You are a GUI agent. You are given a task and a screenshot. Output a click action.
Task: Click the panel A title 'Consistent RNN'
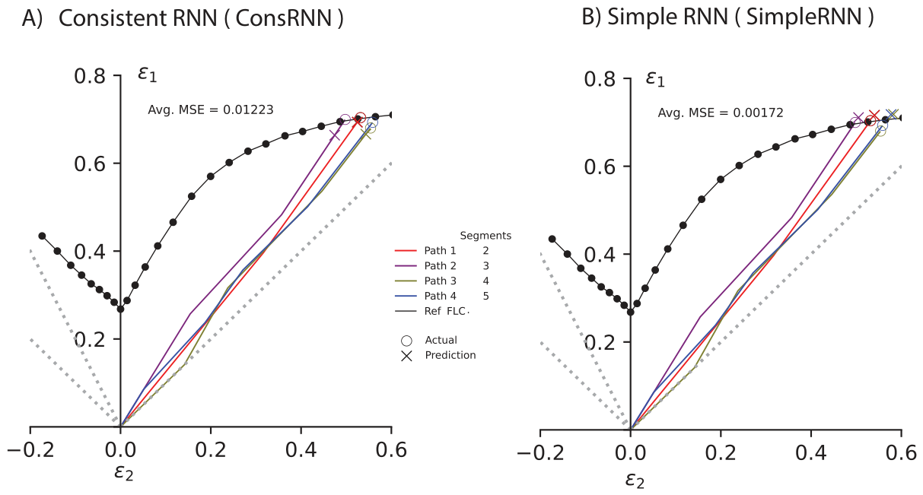click(x=138, y=18)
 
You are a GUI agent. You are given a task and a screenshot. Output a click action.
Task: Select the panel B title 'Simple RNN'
click(x=667, y=17)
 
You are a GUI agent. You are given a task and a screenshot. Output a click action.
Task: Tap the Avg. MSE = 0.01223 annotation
click(x=211, y=110)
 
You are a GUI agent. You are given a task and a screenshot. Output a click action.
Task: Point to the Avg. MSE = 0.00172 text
click(x=721, y=113)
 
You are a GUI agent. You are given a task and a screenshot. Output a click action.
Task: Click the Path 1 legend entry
click(x=440, y=251)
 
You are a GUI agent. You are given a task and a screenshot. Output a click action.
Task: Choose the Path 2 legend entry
click(x=440, y=266)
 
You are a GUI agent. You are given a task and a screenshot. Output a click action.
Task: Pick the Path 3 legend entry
click(x=440, y=281)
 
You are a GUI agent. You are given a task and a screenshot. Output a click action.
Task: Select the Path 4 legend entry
click(x=440, y=296)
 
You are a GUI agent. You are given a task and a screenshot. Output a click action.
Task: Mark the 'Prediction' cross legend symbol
click(x=406, y=356)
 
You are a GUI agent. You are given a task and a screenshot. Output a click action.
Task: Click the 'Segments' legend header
click(x=485, y=236)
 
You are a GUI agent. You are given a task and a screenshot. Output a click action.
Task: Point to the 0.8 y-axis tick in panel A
click(x=90, y=76)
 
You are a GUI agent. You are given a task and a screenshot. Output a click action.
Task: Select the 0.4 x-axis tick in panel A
click(x=301, y=450)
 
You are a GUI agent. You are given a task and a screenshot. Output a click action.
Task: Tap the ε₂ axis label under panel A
click(x=124, y=473)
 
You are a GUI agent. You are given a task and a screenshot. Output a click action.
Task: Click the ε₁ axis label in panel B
click(x=654, y=78)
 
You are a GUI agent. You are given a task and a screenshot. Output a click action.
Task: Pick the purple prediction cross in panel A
click(x=335, y=135)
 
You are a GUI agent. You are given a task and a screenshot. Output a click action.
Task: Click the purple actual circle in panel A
click(x=345, y=119)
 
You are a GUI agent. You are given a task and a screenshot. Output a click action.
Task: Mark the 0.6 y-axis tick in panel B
click(x=600, y=167)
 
